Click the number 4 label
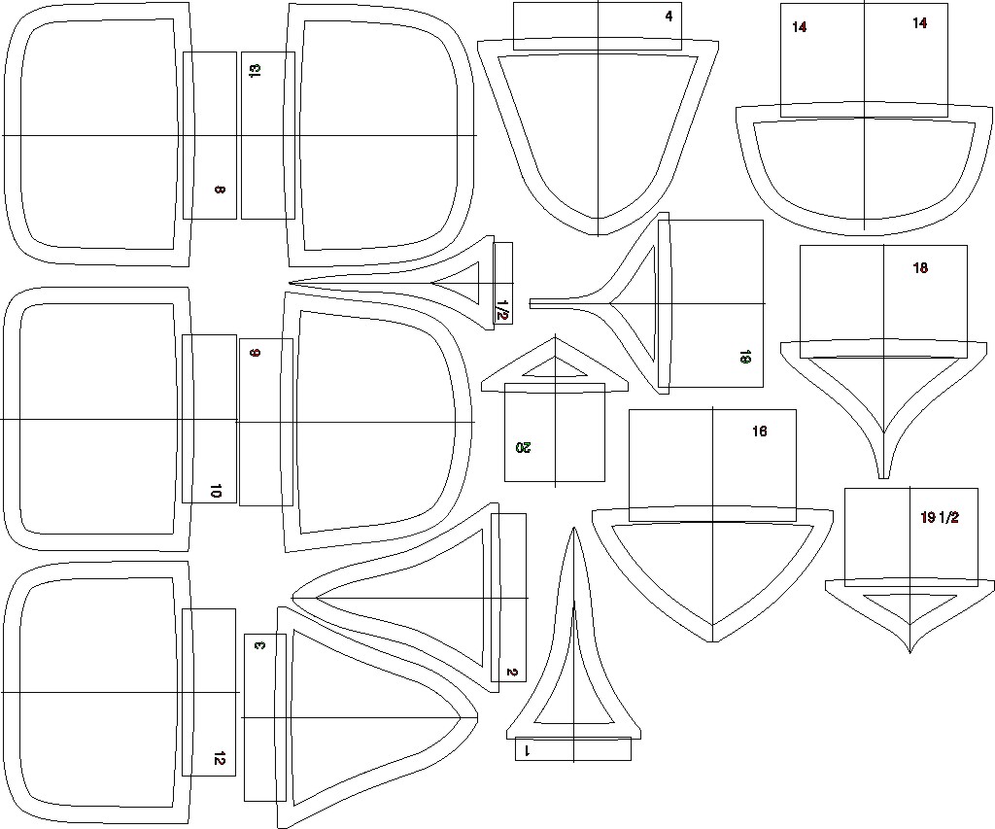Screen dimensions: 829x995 point(669,17)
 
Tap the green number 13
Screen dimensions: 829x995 point(255,71)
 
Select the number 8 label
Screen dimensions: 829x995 point(220,190)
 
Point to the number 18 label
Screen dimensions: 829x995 point(920,268)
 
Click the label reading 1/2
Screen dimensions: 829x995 point(501,310)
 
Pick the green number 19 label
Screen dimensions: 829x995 point(744,358)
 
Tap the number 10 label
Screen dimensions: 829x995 point(216,492)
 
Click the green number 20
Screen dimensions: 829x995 point(524,448)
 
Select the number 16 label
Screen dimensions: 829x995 point(759,431)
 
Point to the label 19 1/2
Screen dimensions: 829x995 point(940,518)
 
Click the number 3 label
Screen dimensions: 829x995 point(258,645)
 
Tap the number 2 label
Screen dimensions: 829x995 point(512,673)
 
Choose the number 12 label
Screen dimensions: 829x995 point(219,759)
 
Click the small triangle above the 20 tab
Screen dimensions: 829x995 point(554,367)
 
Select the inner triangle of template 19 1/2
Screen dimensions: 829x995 point(910,604)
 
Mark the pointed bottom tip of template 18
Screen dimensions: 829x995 point(883,476)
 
